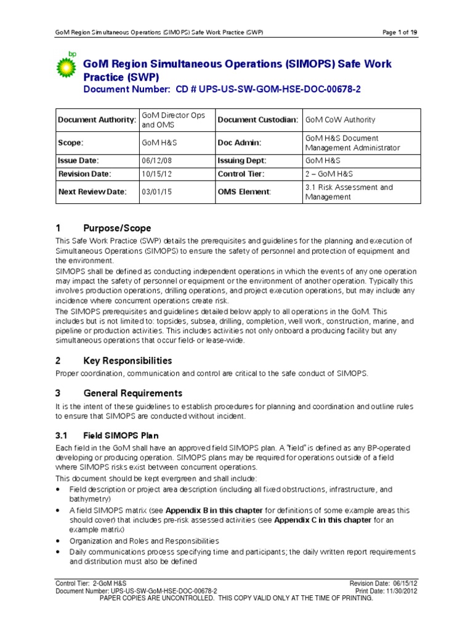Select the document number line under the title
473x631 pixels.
[x=222, y=89]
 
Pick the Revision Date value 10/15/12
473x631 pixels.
[x=154, y=174]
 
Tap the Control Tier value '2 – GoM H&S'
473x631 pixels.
[x=331, y=174]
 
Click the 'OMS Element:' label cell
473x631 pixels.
[x=244, y=192]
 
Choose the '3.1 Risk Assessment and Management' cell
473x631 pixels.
[x=349, y=192]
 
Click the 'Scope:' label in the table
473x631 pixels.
[x=70, y=142]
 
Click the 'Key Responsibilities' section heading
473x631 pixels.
[x=127, y=360]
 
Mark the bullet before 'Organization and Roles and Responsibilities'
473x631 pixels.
[x=57, y=540]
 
